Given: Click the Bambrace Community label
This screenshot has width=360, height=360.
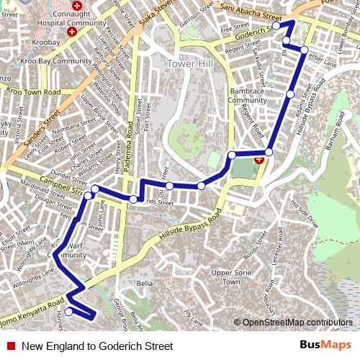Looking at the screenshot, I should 247,96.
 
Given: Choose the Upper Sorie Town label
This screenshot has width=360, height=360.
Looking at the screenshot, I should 230,277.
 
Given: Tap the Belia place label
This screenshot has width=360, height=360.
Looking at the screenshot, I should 144,284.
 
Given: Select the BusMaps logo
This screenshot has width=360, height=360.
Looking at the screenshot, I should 325,346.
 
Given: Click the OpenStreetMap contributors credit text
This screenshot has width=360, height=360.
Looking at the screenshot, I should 293,322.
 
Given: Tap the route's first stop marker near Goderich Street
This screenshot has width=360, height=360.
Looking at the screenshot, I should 276,26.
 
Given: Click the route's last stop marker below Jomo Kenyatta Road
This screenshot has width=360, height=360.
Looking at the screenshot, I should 68,312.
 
